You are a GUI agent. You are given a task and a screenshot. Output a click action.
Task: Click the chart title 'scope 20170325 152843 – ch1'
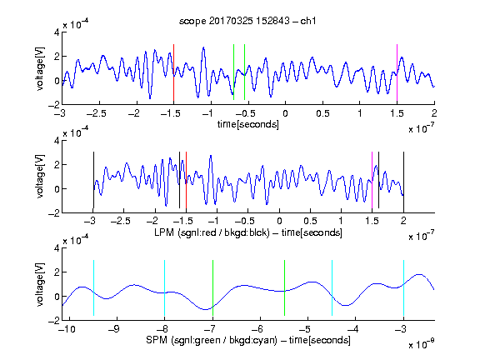point(247,21)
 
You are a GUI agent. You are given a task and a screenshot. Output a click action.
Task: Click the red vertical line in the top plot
point(173,72)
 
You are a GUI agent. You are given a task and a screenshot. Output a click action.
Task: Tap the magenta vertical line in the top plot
point(397,72)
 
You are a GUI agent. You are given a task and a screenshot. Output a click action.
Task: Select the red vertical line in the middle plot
point(186,180)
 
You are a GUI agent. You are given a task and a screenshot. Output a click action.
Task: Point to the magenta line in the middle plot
point(372,180)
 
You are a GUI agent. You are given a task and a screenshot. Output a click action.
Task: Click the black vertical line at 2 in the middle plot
point(403,180)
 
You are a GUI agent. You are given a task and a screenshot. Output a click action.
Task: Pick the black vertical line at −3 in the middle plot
point(93,180)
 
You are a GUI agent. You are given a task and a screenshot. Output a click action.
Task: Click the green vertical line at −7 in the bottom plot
point(212,287)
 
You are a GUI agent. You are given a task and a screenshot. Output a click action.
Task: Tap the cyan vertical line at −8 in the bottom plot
point(165,287)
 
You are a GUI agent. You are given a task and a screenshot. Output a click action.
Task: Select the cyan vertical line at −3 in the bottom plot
point(403,287)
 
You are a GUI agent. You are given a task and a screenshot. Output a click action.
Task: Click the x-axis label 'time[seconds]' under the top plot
point(248,124)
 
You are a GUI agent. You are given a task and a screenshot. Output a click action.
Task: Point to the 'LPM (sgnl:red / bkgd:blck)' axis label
point(212,232)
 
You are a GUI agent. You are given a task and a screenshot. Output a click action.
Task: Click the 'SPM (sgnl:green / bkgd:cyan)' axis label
point(212,340)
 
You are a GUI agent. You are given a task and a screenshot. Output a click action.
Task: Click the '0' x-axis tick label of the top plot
point(285,113)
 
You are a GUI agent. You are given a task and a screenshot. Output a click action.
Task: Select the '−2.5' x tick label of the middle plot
point(121,221)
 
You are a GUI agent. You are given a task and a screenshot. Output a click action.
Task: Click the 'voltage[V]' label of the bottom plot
point(40,284)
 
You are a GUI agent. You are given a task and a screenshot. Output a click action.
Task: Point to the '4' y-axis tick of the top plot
point(57,32)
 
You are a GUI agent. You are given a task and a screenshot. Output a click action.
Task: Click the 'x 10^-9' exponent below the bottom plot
point(421,344)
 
